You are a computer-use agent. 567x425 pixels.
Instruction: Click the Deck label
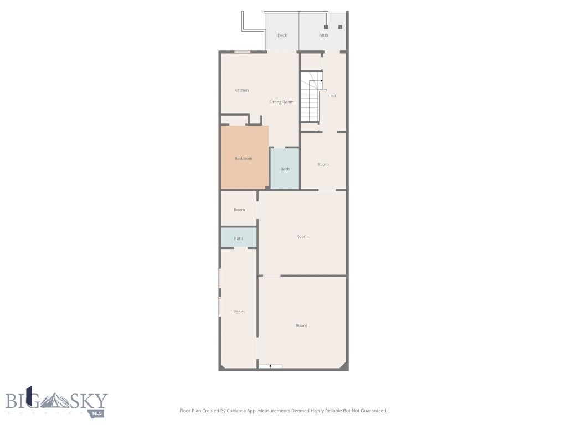click(282, 35)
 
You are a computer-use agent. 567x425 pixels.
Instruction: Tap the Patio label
click(323, 35)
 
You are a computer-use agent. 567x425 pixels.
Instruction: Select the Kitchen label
click(241, 90)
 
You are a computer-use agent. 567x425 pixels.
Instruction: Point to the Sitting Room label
click(281, 102)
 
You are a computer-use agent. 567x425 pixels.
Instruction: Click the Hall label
click(332, 96)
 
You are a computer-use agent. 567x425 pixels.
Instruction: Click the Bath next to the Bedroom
click(285, 169)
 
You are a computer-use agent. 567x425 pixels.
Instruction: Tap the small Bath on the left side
click(238, 239)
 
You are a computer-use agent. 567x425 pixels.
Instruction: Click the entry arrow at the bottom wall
click(270, 366)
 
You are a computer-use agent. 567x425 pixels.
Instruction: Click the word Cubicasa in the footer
click(236, 411)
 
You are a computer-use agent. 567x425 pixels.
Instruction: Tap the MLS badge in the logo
click(97, 413)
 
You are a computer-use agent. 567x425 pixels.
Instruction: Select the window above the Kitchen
click(242, 52)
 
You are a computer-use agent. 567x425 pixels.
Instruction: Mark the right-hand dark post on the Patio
click(340, 27)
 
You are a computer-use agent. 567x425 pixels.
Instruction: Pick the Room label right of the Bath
click(323, 164)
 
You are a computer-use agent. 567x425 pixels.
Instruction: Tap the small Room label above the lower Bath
click(239, 210)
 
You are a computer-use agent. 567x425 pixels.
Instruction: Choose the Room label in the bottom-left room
click(239, 312)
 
